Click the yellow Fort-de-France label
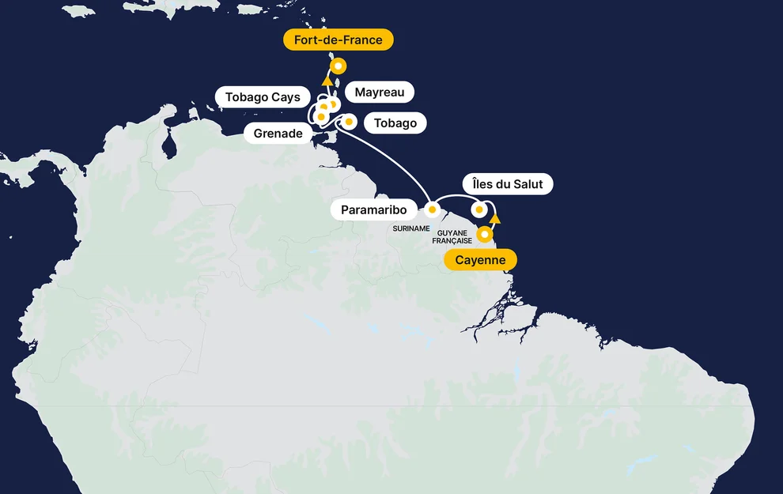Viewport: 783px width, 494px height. click(x=338, y=40)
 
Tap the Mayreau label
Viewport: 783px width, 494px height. click(x=379, y=92)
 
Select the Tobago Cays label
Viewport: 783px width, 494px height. click(x=263, y=97)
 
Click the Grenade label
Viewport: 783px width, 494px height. click(x=278, y=134)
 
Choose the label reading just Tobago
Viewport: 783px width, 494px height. click(x=395, y=123)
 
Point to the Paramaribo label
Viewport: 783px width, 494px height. click(x=373, y=209)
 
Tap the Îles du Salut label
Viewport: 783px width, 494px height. click(x=507, y=184)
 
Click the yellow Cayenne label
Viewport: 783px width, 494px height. click(x=480, y=260)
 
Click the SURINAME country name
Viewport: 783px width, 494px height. click(x=411, y=228)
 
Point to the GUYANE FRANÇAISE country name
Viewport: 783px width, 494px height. click(x=452, y=236)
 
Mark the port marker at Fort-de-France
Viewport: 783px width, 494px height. click(x=339, y=66)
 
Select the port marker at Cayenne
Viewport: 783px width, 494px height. click(x=486, y=234)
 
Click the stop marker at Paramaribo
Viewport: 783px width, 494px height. click(x=433, y=209)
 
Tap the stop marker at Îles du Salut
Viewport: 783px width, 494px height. click(x=479, y=209)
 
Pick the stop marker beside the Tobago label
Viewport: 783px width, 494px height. click(x=348, y=122)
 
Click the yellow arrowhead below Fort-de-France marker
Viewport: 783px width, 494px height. click(x=327, y=80)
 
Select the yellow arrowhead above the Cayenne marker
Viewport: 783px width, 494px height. click(x=495, y=218)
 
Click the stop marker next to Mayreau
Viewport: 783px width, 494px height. click(x=333, y=103)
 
